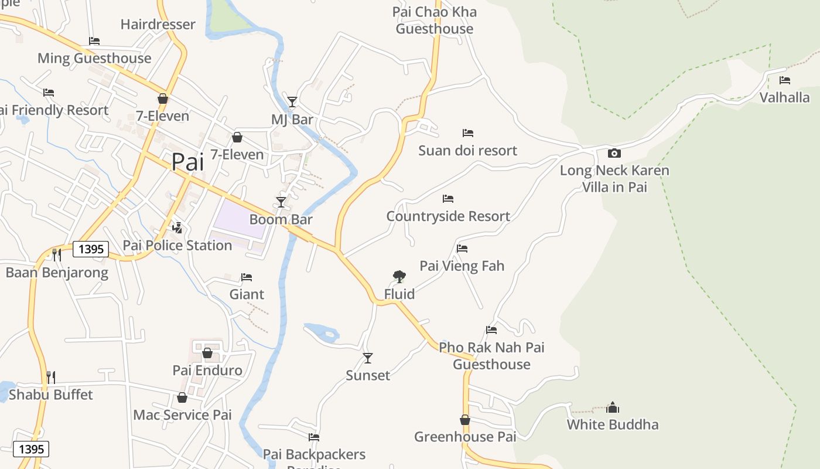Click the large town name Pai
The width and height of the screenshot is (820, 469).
click(x=188, y=162)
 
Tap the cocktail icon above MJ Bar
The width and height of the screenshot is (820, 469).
click(x=292, y=102)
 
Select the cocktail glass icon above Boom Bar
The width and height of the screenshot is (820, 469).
click(x=281, y=202)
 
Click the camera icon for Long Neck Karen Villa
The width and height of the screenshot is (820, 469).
click(x=614, y=154)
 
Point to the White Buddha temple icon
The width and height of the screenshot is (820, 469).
click(x=613, y=407)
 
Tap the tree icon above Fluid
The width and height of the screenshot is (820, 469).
click(x=399, y=276)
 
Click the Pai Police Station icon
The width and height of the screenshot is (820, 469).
click(x=177, y=227)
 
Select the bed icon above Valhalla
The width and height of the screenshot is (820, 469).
click(x=785, y=80)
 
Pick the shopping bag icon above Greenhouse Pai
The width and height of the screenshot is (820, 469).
click(x=465, y=420)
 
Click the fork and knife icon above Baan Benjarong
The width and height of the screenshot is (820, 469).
click(x=57, y=255)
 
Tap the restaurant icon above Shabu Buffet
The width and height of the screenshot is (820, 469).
click(x=51, y=377)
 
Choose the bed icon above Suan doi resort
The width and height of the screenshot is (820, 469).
click(x=467, y=133)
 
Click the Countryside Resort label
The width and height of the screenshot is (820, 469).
click(x=448, y=216)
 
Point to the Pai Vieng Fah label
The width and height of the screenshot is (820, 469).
click(x=462, y=266)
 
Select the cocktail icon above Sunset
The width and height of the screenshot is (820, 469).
click(x=368, y=358)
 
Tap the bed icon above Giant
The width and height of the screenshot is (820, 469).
click(x=247, y=277)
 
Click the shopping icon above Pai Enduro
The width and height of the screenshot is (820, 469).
click(x=207, y=353)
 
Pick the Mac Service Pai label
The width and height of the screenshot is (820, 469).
click(x=182, y=415)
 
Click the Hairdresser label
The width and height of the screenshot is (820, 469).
click(x=158, y=25)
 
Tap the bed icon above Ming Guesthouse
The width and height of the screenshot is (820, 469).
click(x=94, y=41)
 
